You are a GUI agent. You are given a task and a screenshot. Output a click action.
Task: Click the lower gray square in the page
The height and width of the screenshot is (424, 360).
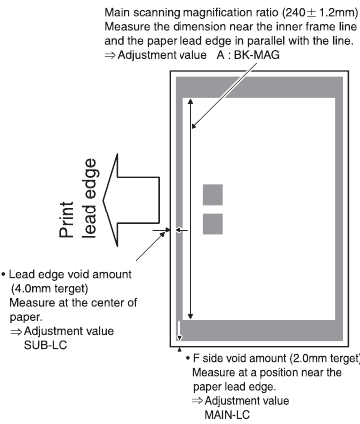(x=214, y=224)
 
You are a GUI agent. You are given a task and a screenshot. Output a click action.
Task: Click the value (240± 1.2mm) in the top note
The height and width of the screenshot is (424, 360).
(x=309, y=12)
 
